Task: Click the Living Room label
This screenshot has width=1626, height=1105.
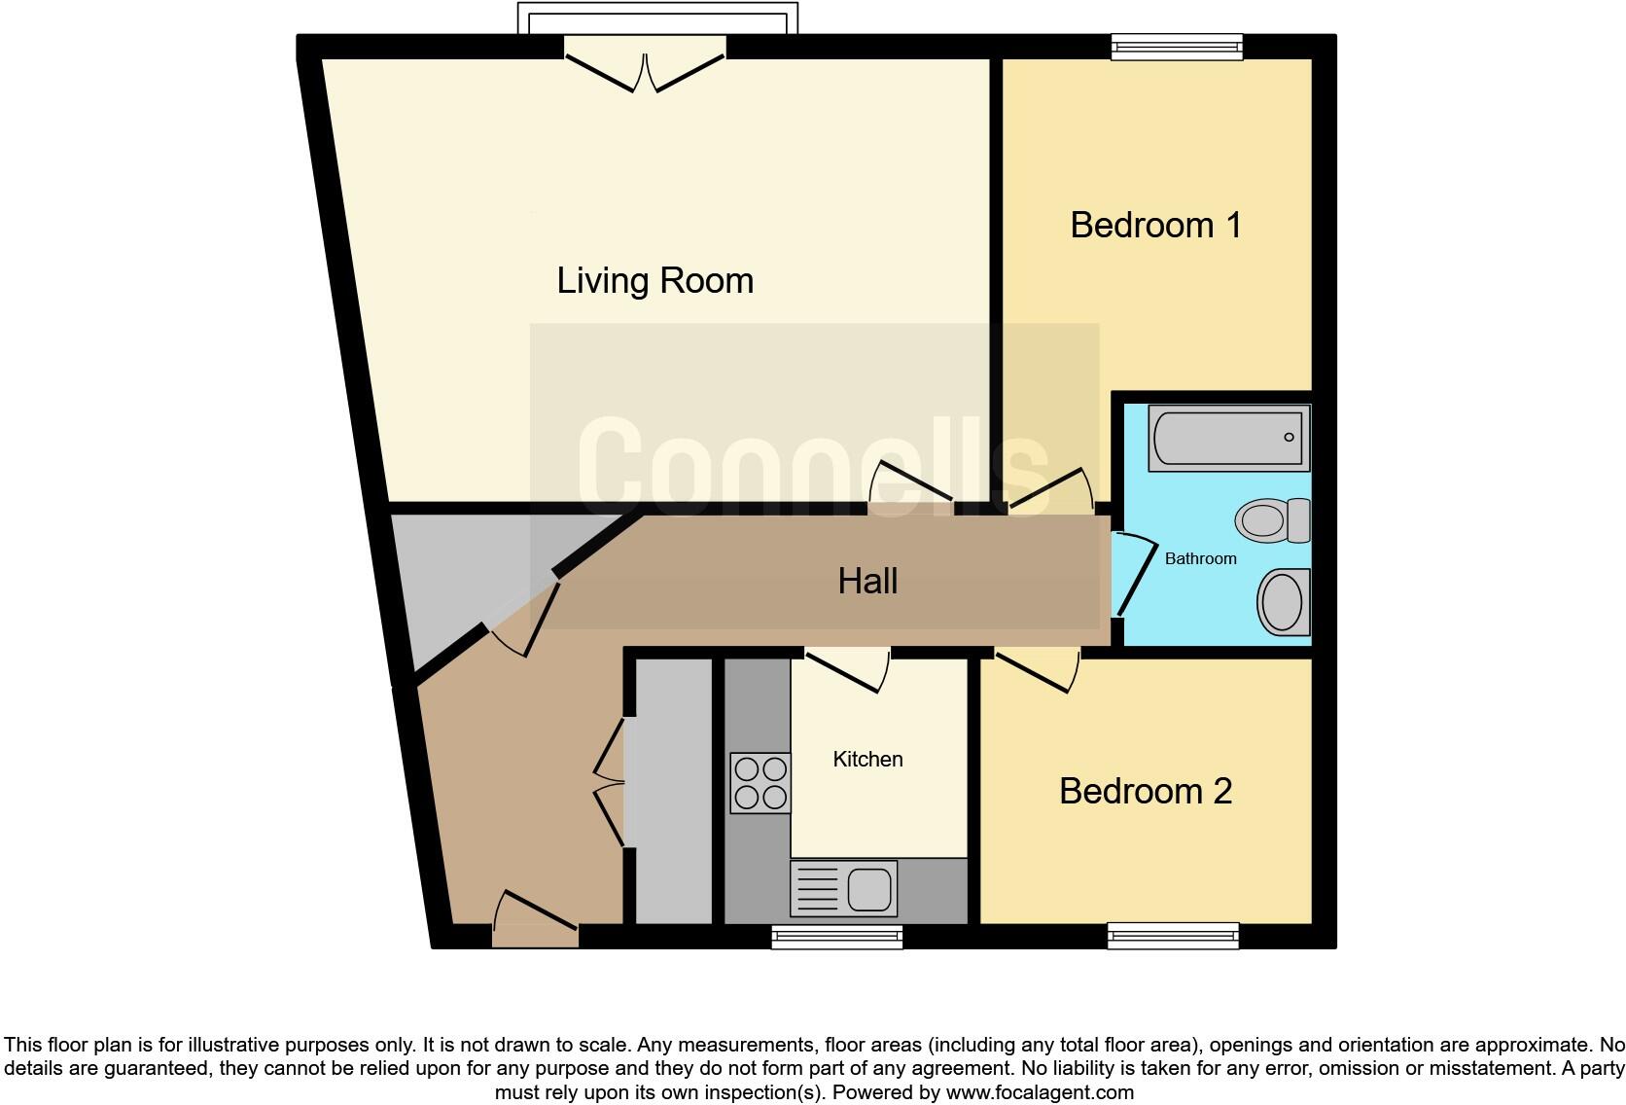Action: point(654,281)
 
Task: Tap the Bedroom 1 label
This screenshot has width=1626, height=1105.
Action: point(1155,225)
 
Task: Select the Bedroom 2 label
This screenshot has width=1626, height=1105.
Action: point(1145,791)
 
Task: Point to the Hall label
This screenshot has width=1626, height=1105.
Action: point(867,582)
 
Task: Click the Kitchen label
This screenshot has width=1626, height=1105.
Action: point(867,759)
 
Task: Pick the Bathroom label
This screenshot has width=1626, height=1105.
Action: point(1200,558)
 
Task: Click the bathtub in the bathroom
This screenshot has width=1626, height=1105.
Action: point(1228,438)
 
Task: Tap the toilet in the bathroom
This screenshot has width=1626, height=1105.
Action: point(1272,519)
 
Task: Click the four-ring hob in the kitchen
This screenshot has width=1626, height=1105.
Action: point(760,783)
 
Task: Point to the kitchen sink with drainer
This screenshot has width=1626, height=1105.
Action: point(843,888)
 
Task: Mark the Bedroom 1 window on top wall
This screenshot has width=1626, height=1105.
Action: point(1177,47)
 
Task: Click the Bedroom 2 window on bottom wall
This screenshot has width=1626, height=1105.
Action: point(1173,936)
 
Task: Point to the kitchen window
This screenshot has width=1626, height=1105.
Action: point(836,936)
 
